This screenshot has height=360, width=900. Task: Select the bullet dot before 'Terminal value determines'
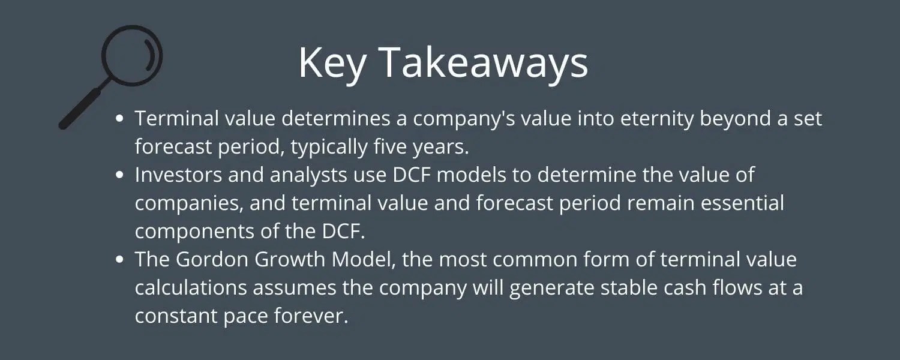tap(120, 119)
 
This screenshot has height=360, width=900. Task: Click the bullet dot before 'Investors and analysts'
tap(120, 175)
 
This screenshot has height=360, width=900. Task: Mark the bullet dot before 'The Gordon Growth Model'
tap(120, 260)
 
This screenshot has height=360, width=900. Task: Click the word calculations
tap(190, 287)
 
